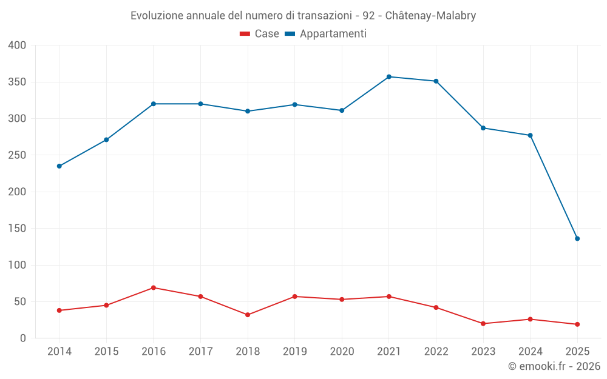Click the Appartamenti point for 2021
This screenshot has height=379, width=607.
(389, 77)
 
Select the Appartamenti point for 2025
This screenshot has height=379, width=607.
(577, 238)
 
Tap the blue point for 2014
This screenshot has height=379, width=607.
(59, 166)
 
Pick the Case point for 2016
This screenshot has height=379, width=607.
(154, 287)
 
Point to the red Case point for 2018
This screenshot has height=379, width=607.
(248, 315)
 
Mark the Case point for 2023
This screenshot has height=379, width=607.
(483, 323)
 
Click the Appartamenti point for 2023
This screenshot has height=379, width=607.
(483, 128)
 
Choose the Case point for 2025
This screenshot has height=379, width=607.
(577, 324)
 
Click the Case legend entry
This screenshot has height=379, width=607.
(259, 34)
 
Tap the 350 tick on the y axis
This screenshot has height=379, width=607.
(18, 82)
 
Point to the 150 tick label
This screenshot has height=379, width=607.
(18, 229)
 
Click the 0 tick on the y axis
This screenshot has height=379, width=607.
(23, 338)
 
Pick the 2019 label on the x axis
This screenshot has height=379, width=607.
(294, 352)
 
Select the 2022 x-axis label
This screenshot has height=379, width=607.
(436, 352)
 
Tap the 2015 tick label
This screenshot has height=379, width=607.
(106, 352)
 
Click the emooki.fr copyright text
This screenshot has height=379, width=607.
(554, 366)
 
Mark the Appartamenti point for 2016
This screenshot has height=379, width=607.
(154, 104)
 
